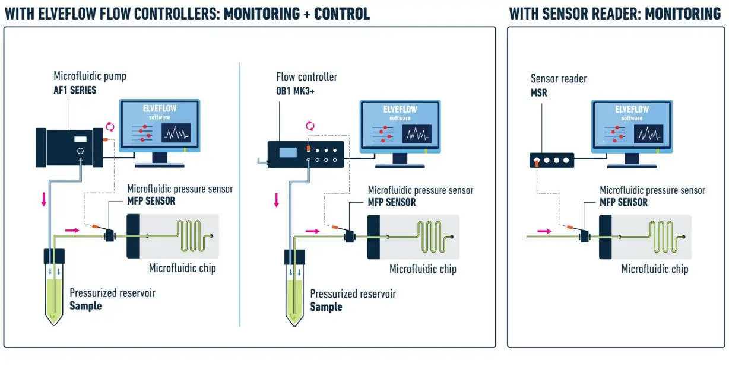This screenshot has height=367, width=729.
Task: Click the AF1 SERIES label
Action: [x=75, y=90]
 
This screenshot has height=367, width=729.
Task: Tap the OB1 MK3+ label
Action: [x=295, y=91]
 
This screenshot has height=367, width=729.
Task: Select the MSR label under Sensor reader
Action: [x=538, y=93]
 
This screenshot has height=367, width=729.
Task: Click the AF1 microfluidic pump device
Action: [x=69, y=148]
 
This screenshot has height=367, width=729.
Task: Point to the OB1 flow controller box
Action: [x=306, y=154]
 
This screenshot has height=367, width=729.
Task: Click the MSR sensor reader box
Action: [x=551, y=160]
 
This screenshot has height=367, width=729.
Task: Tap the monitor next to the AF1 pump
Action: [x=160, y=133]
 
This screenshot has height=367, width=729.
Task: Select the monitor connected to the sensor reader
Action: [x=632, y=134]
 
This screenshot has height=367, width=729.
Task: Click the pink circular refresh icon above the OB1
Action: [x=310, y=126]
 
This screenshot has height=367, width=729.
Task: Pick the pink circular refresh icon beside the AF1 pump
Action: [x=110, y=126]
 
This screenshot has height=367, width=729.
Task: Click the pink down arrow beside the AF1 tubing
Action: [x=43, y=199]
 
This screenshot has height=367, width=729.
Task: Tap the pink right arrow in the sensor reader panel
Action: [x=544, y=231]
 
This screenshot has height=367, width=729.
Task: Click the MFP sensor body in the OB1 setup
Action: [x=350, y=237]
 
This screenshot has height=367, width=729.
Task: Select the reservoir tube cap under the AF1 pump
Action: [x=54, y=256]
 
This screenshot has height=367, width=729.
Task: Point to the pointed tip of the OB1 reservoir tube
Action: [x=294, y=325]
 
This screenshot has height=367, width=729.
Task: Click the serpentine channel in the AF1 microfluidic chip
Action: [x=193, y=236]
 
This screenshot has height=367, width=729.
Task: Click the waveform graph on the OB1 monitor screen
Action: [x=417, y=133]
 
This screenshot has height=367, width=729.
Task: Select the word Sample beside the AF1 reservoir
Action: [x=85, y=306]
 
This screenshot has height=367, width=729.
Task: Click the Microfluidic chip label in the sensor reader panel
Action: [x=655, y=269]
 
